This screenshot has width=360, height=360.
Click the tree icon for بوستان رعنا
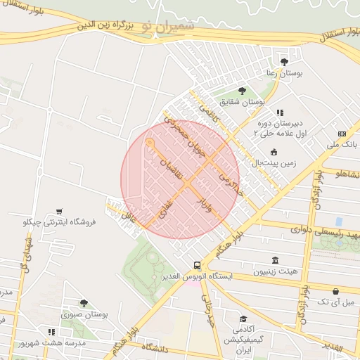tap(284, 61)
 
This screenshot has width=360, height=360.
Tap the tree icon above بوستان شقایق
tap(242, 90)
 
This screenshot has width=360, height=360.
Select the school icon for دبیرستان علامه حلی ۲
tap(279, 112)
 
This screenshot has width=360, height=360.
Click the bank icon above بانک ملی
tap(342, 134)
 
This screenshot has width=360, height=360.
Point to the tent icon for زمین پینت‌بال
tap(274, 152)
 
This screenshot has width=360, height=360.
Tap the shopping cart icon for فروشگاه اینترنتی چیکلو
tap(59, 211)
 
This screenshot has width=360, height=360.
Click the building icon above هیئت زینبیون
tap(274, 259)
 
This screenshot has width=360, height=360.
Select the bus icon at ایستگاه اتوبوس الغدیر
tap(197, 266)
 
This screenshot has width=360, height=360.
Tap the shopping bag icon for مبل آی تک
tap(336, 290)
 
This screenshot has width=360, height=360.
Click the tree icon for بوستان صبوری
tap(83, 303)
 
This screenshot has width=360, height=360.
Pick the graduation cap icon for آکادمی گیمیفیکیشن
tap(243, 319)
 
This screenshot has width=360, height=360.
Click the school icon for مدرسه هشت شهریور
tap(51, 331)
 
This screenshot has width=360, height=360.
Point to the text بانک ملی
tap(342, 145)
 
